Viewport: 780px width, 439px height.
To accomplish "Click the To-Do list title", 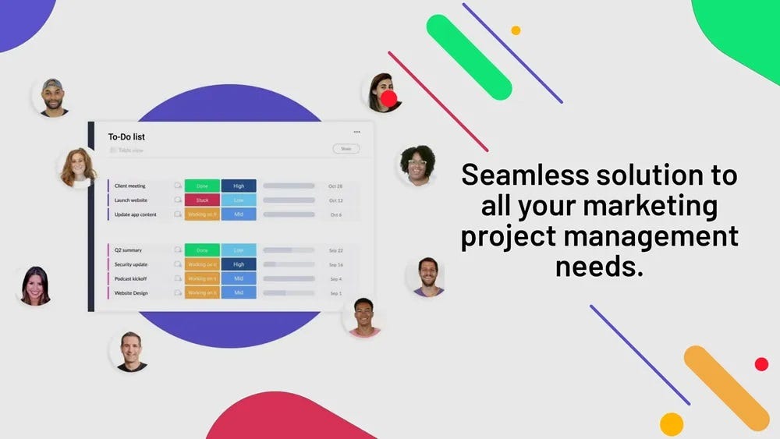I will [x=126, y=137].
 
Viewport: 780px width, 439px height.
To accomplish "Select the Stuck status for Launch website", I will [x=202, y=200].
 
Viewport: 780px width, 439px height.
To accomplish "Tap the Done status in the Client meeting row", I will [x=202, y=186].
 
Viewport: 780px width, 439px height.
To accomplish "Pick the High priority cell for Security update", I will [x=239, y=264].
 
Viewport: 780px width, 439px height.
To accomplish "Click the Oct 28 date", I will [x=335, y=186].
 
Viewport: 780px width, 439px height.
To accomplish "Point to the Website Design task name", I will [x=131, y=293].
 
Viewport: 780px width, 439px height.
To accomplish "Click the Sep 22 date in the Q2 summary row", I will [x=335, y=250].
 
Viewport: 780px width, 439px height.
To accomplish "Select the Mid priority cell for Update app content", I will [x=239, y=214].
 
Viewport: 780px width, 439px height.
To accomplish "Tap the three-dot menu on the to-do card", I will [x=356, y=132].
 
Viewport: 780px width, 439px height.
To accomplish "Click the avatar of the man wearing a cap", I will [x=53, y=97].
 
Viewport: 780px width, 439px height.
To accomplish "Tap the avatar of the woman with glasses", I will [x=417, y=165].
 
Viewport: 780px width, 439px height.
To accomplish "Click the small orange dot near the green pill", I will [x=516, y=30].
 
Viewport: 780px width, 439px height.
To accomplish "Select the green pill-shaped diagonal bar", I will [x=469, y=57].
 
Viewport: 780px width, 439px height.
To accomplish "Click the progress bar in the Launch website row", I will [x=289, y=200].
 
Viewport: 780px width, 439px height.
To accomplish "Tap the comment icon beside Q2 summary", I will [x=178, y=250].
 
